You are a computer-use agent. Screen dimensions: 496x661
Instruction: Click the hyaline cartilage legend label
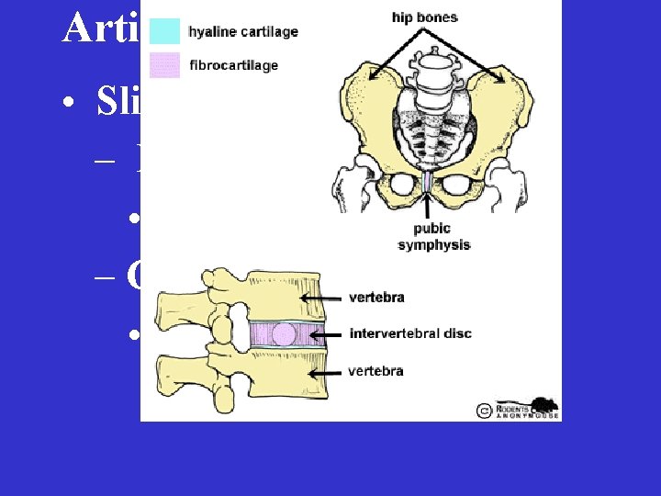pyautogui.click(x=242, y=32)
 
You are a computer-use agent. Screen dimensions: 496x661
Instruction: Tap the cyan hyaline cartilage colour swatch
pyautogui.click(x=164, y=31)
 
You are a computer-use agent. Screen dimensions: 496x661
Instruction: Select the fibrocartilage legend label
pyautogui.click(x=232, y=65)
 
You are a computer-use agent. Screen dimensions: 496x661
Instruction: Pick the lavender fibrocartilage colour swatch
pyautogui.click(x=164, y=65)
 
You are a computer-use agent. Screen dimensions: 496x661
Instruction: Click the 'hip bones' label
pyautogui.click(x=424, y=17)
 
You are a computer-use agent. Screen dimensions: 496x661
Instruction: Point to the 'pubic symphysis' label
pyautogui.click(x=433, y=237)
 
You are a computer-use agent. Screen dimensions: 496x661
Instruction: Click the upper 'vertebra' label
pyautogui.click(x=376, y=298)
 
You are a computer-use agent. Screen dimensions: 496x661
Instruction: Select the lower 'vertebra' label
pyautogui.click(x=376, y=371)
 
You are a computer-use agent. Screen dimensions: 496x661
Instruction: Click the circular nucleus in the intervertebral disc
pyautogui.click(x=285, y=333)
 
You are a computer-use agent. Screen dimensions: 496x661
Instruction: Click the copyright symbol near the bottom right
pyautogui.click(x=485, y=411)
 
